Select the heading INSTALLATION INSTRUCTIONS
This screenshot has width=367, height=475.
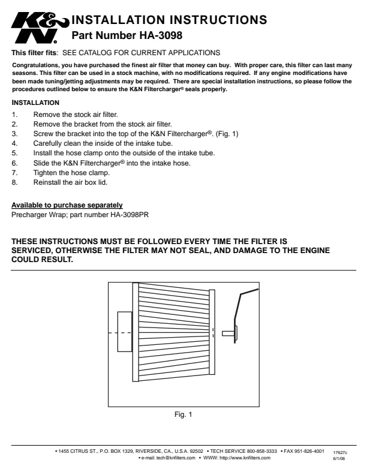(x=170, y=20)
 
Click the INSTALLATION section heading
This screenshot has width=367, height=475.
(x=35, y=103)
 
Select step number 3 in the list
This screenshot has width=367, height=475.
(x=14, y=134)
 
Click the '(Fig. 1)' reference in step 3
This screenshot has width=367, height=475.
(x=227, y=134)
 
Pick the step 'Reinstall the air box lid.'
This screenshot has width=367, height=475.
(x=70, y=182)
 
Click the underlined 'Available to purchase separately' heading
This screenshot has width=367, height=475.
(x=67, y=205)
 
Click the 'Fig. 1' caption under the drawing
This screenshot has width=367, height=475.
(x=183, y=414)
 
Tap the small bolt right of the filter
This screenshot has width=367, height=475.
(x=228, y=333)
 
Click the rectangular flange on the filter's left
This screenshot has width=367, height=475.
(x=125, y=332)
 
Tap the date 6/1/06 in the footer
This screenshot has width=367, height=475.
(x=339, y=458)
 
